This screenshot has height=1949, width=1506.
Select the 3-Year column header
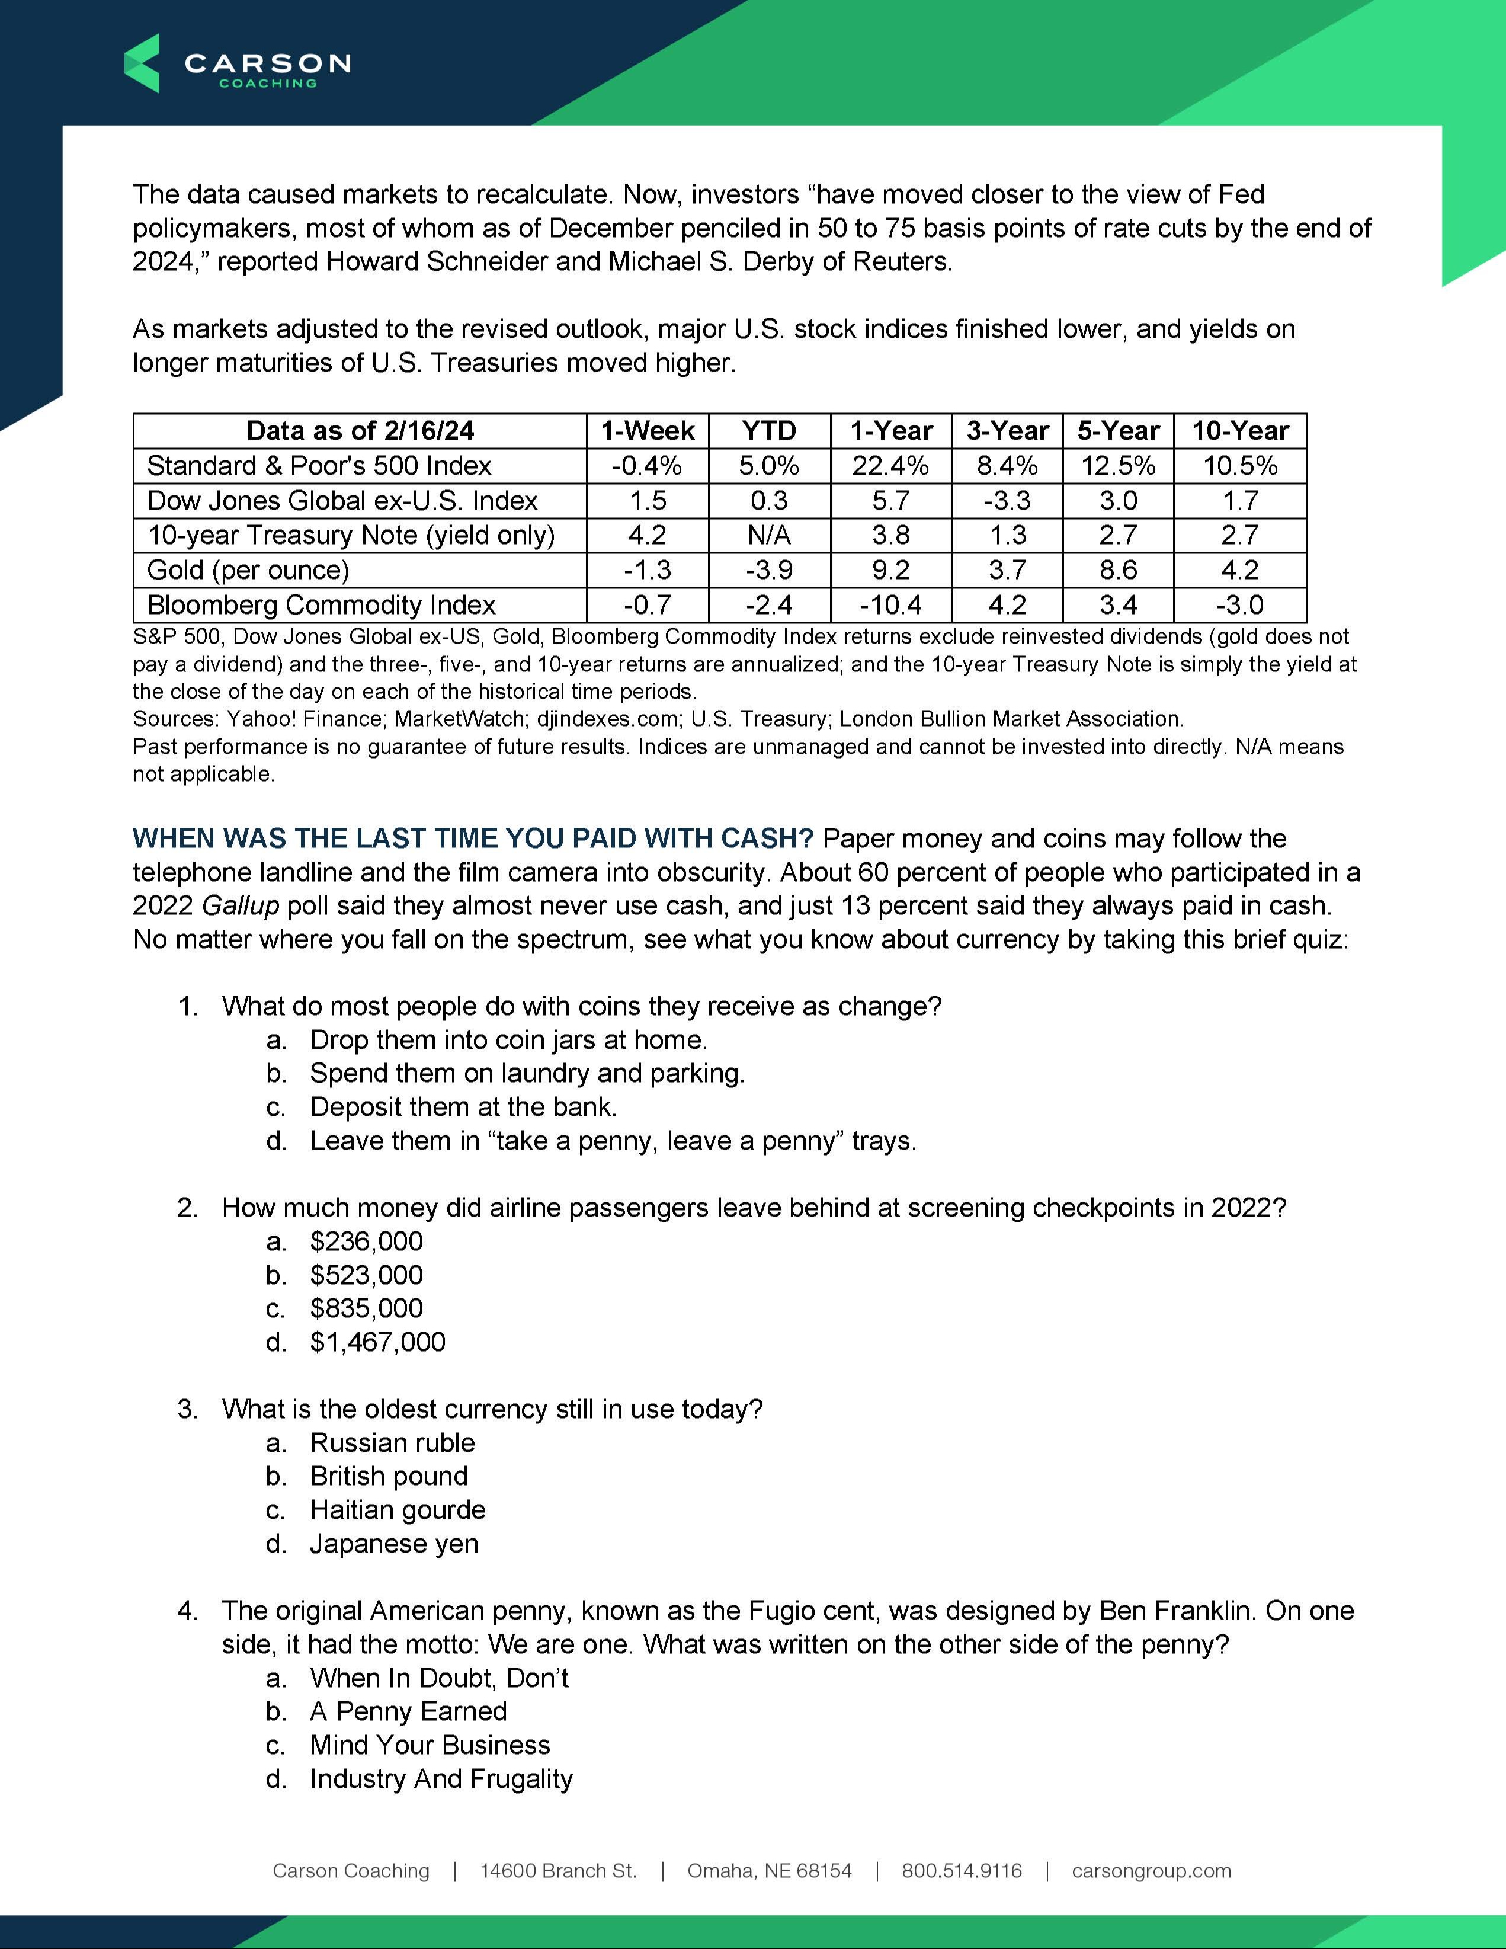click(x=1007, y=431)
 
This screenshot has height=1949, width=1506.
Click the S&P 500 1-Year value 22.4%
click(x=890, y=466)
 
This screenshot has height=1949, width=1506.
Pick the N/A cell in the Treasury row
click(x=769, y=536)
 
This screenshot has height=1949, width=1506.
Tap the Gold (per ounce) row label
click(x=248, y=570)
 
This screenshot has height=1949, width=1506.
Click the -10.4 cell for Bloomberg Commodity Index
click(x=890, y=605)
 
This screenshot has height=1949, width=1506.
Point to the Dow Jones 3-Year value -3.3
click(x=1007, y=501)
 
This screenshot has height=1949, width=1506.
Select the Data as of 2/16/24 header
click(x=360, y=431)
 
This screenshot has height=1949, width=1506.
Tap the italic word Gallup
click(x=240, y=906)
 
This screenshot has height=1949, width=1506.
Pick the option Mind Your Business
click(x=430, y=1745)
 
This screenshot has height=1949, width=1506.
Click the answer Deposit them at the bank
click(x=463, y=1108)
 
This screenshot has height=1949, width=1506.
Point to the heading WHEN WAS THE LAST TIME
click(x=473, y=839)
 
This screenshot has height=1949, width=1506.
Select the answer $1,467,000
click(x=377, y=1342)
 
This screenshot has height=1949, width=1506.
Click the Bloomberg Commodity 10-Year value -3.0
click(x=1239, y=605)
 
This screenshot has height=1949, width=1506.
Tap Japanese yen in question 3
click(x=395, y=1544)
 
